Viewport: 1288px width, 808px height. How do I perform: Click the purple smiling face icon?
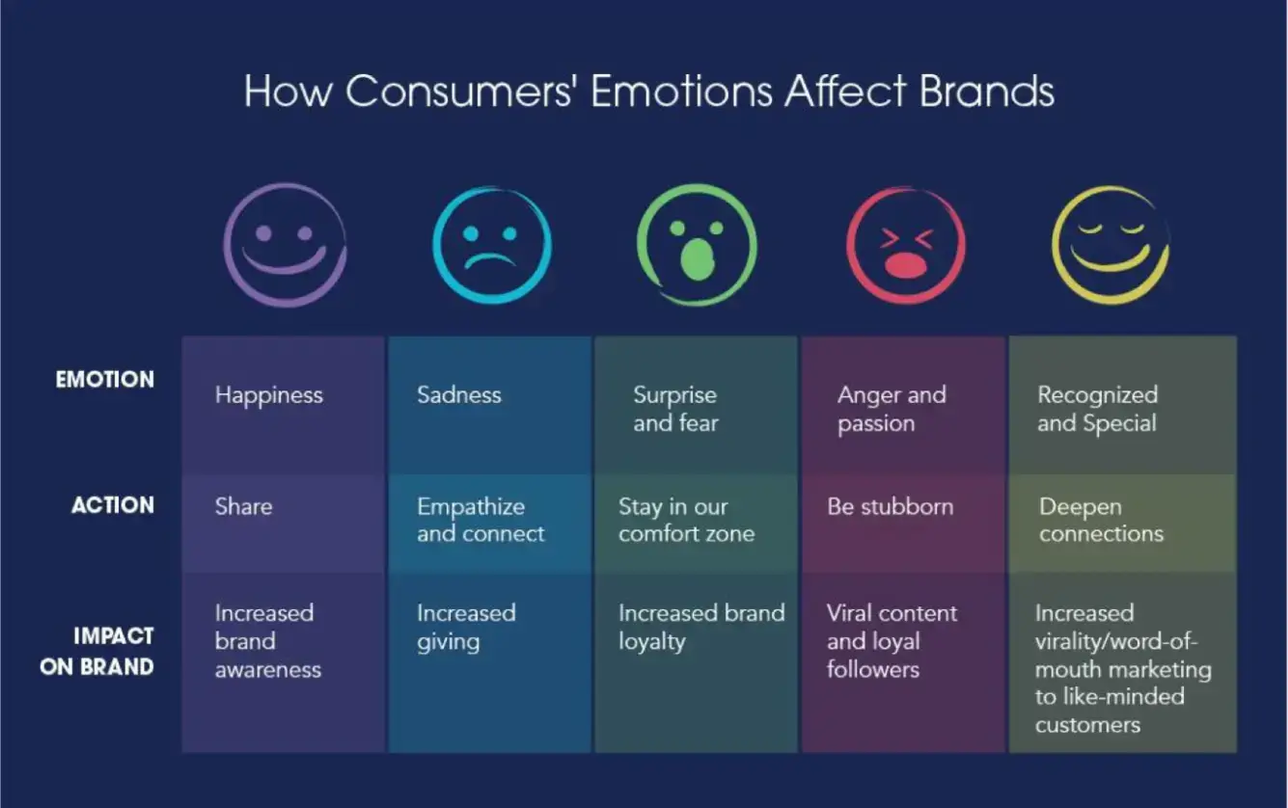point(285,245)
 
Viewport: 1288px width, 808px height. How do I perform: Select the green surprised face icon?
point(697,245)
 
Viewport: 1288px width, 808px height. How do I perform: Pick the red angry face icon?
point(905,245)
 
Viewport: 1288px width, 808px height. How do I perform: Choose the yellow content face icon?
point(1110,245)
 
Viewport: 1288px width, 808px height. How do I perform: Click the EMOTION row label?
point(104,380)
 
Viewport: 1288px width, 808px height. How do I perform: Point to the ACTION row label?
point(112,505)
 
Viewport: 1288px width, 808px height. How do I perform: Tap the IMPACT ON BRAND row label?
point(96,652)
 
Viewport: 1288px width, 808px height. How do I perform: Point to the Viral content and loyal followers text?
point(891,641)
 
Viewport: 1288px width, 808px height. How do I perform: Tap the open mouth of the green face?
point(695,258)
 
